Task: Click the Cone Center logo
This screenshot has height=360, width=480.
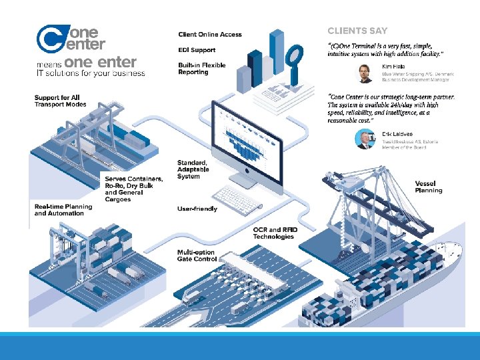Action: pos(71,38)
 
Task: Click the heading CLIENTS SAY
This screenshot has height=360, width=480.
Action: pos(357,31)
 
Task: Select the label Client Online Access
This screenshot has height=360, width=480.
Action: pos(210,35)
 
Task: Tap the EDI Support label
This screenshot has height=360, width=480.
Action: pos(197,50)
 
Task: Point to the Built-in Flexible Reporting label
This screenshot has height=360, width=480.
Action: pos(202,69)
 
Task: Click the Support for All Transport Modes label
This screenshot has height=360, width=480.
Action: pos(61,101)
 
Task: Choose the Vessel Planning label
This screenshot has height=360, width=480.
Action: pos(428,187)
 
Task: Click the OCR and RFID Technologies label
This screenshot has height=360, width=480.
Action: pos(275,233)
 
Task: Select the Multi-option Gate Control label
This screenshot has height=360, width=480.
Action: pos(197,255)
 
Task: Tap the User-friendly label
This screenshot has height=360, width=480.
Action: pos(197,209)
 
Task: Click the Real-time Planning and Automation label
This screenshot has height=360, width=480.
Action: pos(63,210)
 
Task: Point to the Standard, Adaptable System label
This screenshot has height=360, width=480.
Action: pos(193,169)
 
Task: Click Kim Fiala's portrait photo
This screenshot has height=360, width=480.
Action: pos(366,73)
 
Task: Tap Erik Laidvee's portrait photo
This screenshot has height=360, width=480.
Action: pos(366,139)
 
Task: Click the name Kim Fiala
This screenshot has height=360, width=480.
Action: pos(393,67)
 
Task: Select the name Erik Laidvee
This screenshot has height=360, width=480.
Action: pos(397,134)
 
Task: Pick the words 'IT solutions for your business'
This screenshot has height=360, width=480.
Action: pos(90,73)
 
